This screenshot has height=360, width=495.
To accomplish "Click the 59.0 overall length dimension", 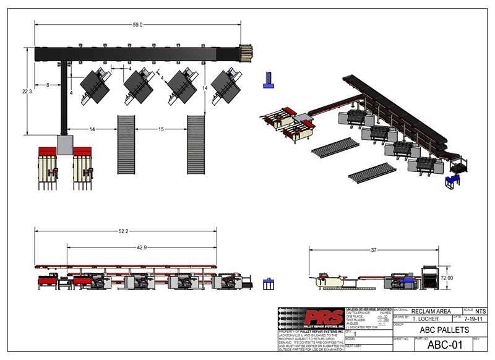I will [x=137, y=25].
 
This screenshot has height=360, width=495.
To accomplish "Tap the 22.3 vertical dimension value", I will [x=27, y=91].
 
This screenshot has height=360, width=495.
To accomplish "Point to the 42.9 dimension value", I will [x=142, y=247].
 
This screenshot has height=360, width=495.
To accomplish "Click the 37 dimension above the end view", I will [x=374, y=250].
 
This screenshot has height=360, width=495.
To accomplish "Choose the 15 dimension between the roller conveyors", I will [x=161, y=129].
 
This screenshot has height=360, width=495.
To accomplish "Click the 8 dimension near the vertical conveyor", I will [x=48, y=84].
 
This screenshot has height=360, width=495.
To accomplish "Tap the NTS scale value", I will [x=480, y=310].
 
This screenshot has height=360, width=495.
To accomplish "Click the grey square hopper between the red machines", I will [x=65, y=145].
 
